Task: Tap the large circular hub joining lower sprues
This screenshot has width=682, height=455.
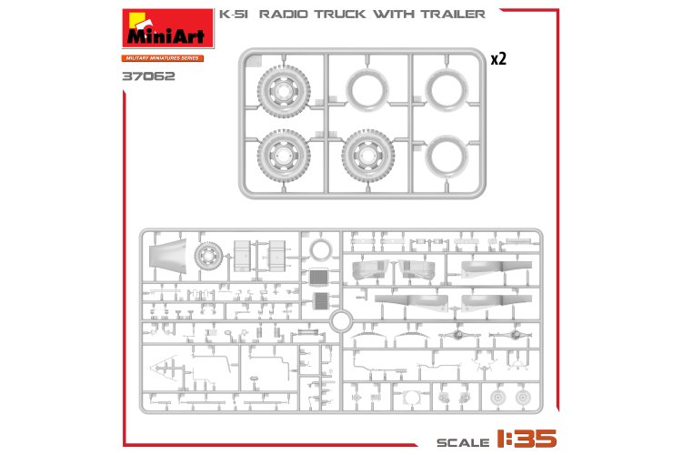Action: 341,320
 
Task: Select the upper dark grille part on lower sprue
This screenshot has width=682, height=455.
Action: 317,278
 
